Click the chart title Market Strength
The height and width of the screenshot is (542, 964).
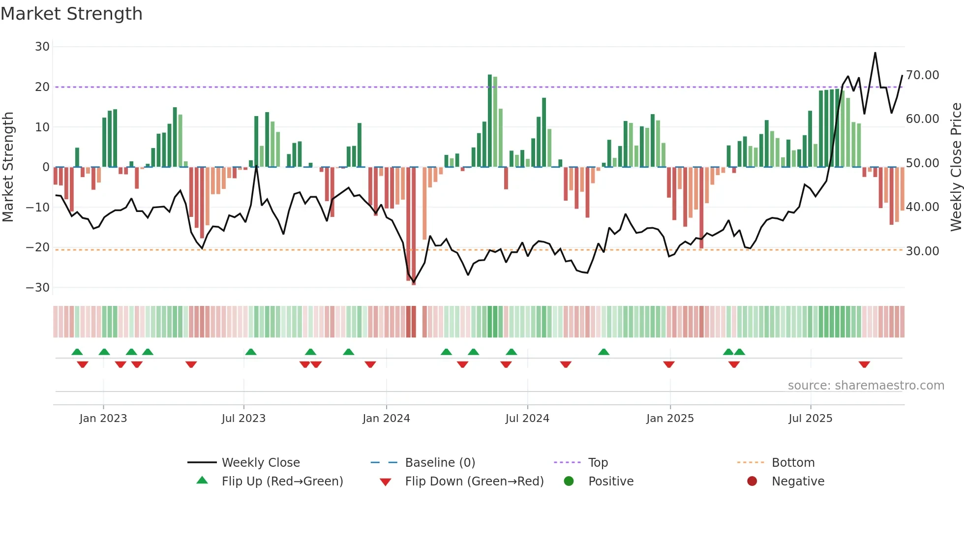point(71,14)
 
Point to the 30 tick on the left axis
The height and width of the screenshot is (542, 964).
point(42,47)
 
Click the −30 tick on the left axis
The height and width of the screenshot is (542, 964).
point(38,288)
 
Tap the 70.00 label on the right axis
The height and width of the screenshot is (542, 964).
point(923,75)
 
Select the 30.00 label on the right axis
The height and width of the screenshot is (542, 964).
point(923,251)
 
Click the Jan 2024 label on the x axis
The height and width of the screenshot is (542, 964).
point(386,419)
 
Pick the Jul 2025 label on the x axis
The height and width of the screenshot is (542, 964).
point(810,419)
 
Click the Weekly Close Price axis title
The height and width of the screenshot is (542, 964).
point(956,167)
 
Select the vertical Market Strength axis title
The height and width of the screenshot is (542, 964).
point(8,167)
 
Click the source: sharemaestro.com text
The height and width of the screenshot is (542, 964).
point(866,386)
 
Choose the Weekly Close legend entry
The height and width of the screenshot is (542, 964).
point(261,463)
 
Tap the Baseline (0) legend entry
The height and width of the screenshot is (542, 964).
point(440,463)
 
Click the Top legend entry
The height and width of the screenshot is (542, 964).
point(598,463)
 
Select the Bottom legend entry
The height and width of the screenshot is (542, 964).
point(793,463)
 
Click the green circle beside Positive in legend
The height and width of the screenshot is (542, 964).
point(569,482)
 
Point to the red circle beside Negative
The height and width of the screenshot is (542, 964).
point(752,482)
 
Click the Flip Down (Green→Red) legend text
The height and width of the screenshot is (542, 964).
point(474,482)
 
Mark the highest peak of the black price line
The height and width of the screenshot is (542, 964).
point(875,53)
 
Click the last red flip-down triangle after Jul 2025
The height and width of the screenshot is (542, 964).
point(864,364)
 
